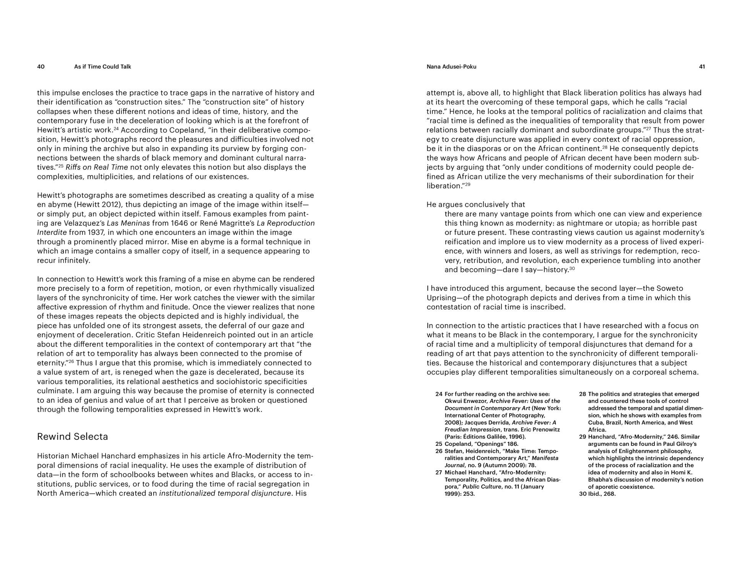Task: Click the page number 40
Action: (41, 67)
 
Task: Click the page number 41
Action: (702, 67)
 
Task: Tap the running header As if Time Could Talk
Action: (102, 67)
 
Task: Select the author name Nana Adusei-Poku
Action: (451, 67)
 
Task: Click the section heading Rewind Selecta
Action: (73, 437)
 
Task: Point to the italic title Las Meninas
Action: (128, 223)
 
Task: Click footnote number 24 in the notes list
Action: (438, 394)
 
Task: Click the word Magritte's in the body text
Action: (236, 223)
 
